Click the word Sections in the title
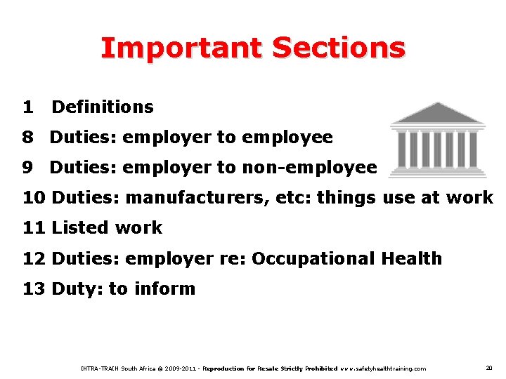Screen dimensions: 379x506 338,48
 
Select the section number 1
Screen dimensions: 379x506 27,107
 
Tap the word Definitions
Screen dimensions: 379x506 103,107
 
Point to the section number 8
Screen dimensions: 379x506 27,138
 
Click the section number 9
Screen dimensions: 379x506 27,168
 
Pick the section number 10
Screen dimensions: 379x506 34,198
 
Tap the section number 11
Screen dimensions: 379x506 34,228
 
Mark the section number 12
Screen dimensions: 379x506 34,259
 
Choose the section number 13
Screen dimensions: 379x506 34,289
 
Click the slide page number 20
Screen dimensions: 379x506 488,368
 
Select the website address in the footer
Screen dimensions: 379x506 382,368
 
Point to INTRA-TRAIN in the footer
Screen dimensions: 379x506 100,368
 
